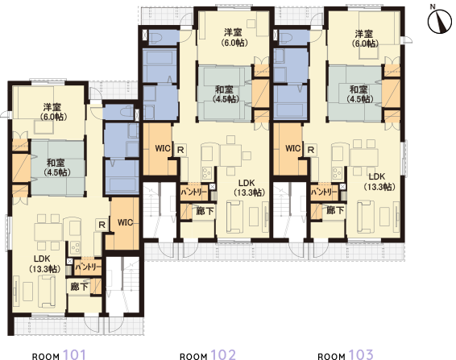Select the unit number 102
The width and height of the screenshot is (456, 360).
pyautogui.click(x=223, y=354)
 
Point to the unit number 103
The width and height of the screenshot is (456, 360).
pyautogui.click(x=361, y=354)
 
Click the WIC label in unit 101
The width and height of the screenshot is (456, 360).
pyautogui.click(x=125, y=222)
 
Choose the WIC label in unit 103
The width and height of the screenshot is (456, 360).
pyautogui.click(x=293, y=149)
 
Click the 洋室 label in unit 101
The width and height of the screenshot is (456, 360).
pyautogui.click(x=53, y=108)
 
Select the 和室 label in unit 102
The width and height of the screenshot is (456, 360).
pyautogui.click(x=226, y=89)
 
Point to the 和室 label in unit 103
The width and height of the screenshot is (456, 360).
pyautogui.click(x=359, y=89)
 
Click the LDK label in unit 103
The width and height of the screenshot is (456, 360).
pyautogui.click(x=378, y=176)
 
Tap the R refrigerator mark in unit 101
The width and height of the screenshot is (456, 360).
pyautogui.click(x=102, y=225)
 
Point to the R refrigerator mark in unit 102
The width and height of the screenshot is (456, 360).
pyautogui.click(x=180, y=150)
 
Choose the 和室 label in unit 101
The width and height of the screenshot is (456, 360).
pyautogui.click(x=56, y=163)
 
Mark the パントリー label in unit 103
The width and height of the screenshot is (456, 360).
pyautogui.click(x=324, y=192)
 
